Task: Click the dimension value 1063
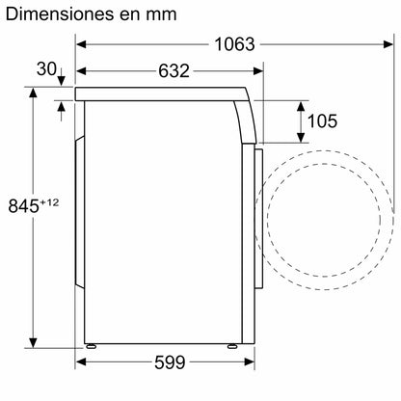click(234, 44)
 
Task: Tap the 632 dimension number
click(174, 71)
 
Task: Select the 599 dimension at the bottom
click(170, 362)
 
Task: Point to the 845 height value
click(23, 206)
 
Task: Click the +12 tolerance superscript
click(49, 202)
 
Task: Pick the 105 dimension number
click(322, 121)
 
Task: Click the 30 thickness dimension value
click(46, 69)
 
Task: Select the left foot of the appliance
click(91, 346)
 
